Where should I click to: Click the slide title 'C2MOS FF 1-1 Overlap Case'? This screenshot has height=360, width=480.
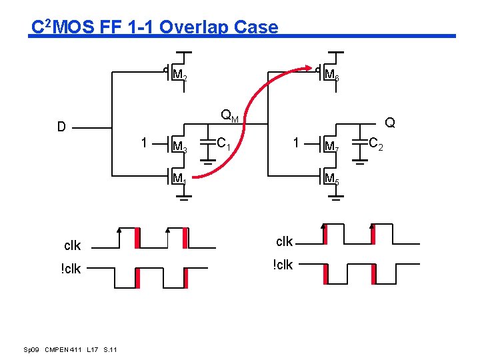pyautogui.click(x=155, y=27)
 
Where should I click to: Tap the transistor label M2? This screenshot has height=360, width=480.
pyautogui.click(x=179, y=75)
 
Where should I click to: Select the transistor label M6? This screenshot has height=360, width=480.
pyautogui.click(x=331, y=75)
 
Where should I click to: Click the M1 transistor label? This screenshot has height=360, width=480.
pyautogui.click(x=179, y=178)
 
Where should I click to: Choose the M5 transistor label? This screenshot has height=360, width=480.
pyautogui.click(x=331, y=178)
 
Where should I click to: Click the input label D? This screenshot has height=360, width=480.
pyautogui.click(x=61, y=127)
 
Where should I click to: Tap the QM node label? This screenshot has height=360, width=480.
pyautogui.click(x=230, y=117)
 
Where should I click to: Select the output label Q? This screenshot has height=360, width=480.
pyautogui.click(x=390, y=123)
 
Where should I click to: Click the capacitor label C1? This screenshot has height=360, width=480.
pyautogui.click(x=225, y=143)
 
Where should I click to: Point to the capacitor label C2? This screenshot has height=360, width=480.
pyautogui.click(x=376, y=143)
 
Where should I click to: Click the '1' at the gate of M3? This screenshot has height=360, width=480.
pyautogui.click(x=144, y=142)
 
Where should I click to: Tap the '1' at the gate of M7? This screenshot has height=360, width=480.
pyautogui.click(x=296, y=142)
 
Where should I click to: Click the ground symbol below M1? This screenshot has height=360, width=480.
pyautogui.click(x=185, y=198)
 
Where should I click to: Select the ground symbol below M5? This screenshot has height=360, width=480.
pyautogui.click(x=337, y=198)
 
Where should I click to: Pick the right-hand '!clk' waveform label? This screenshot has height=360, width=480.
pyautogui.click(x=283, y=265)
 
